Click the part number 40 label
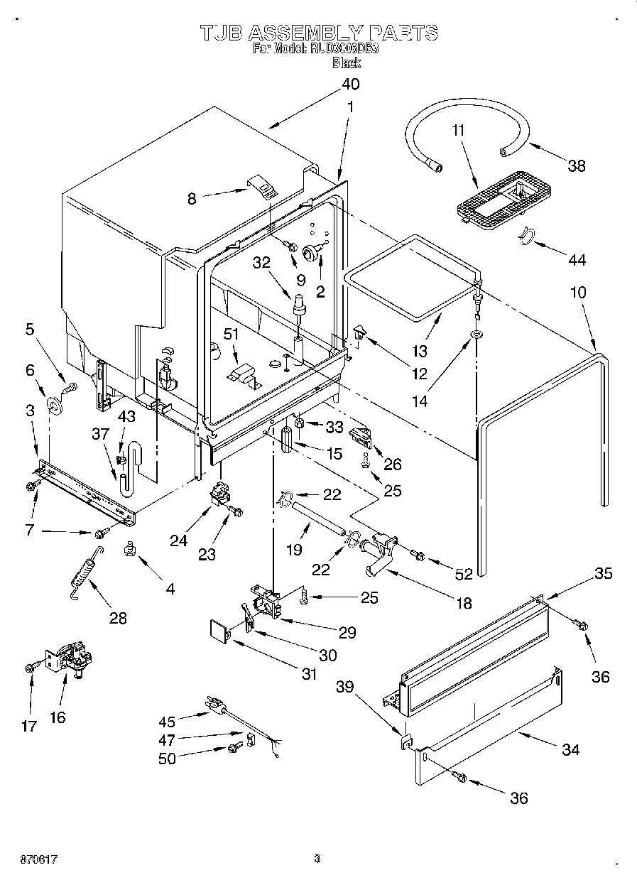click(350, 84)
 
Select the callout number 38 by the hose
click(577, 165)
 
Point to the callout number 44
click(577, 261)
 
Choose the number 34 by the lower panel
click(570, 749)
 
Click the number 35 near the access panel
click(603, 573)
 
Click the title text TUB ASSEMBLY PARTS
click(318, 32)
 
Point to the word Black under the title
click(347, 63)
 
